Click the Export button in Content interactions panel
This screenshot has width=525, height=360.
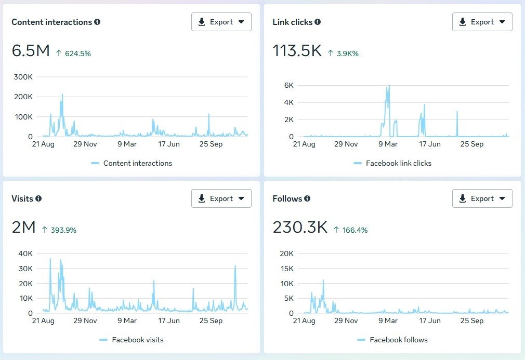[x=221, y=22]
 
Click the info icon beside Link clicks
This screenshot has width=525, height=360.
[x=318, y=22]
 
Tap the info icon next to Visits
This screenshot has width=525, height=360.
[x=38, y=198]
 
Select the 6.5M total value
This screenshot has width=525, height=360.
[x=31, y=51]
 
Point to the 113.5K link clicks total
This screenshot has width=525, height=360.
[x=297, y=51]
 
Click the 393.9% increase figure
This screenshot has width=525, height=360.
[x=63, y=230]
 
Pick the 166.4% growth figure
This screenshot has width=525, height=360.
[x=355, y=230]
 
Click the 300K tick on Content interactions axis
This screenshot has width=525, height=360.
[x=23, y=77]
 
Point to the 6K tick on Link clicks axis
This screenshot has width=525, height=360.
[x=288, y=85]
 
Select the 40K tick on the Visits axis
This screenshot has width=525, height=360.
[x=25, y=254]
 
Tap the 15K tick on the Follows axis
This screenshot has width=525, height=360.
[x=286, y=269]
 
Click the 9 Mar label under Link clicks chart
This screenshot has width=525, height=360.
[x=388, y=144]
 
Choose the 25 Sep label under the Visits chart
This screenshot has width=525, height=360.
[x=211, y=321]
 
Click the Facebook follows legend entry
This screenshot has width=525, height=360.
[x=398, y=340]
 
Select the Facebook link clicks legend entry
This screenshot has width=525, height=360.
[x=398, y=163]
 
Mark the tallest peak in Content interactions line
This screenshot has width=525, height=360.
[x=62, y=95]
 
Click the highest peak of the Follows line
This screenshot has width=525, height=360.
[x=323, y=280]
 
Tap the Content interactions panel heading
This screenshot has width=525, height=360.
[x=51, y=22]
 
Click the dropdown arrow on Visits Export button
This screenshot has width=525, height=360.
[x=241, y=198]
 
